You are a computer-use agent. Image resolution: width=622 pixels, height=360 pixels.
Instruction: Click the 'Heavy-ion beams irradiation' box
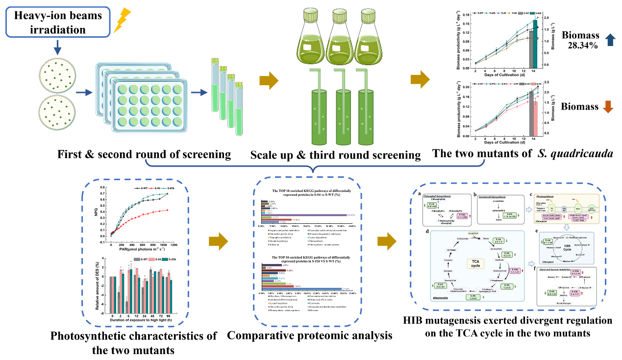coord(58,23)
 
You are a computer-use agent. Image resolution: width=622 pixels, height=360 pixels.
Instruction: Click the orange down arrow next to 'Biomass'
coord(607,107)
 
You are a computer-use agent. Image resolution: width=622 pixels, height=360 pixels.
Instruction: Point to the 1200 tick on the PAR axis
coord(174,244)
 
